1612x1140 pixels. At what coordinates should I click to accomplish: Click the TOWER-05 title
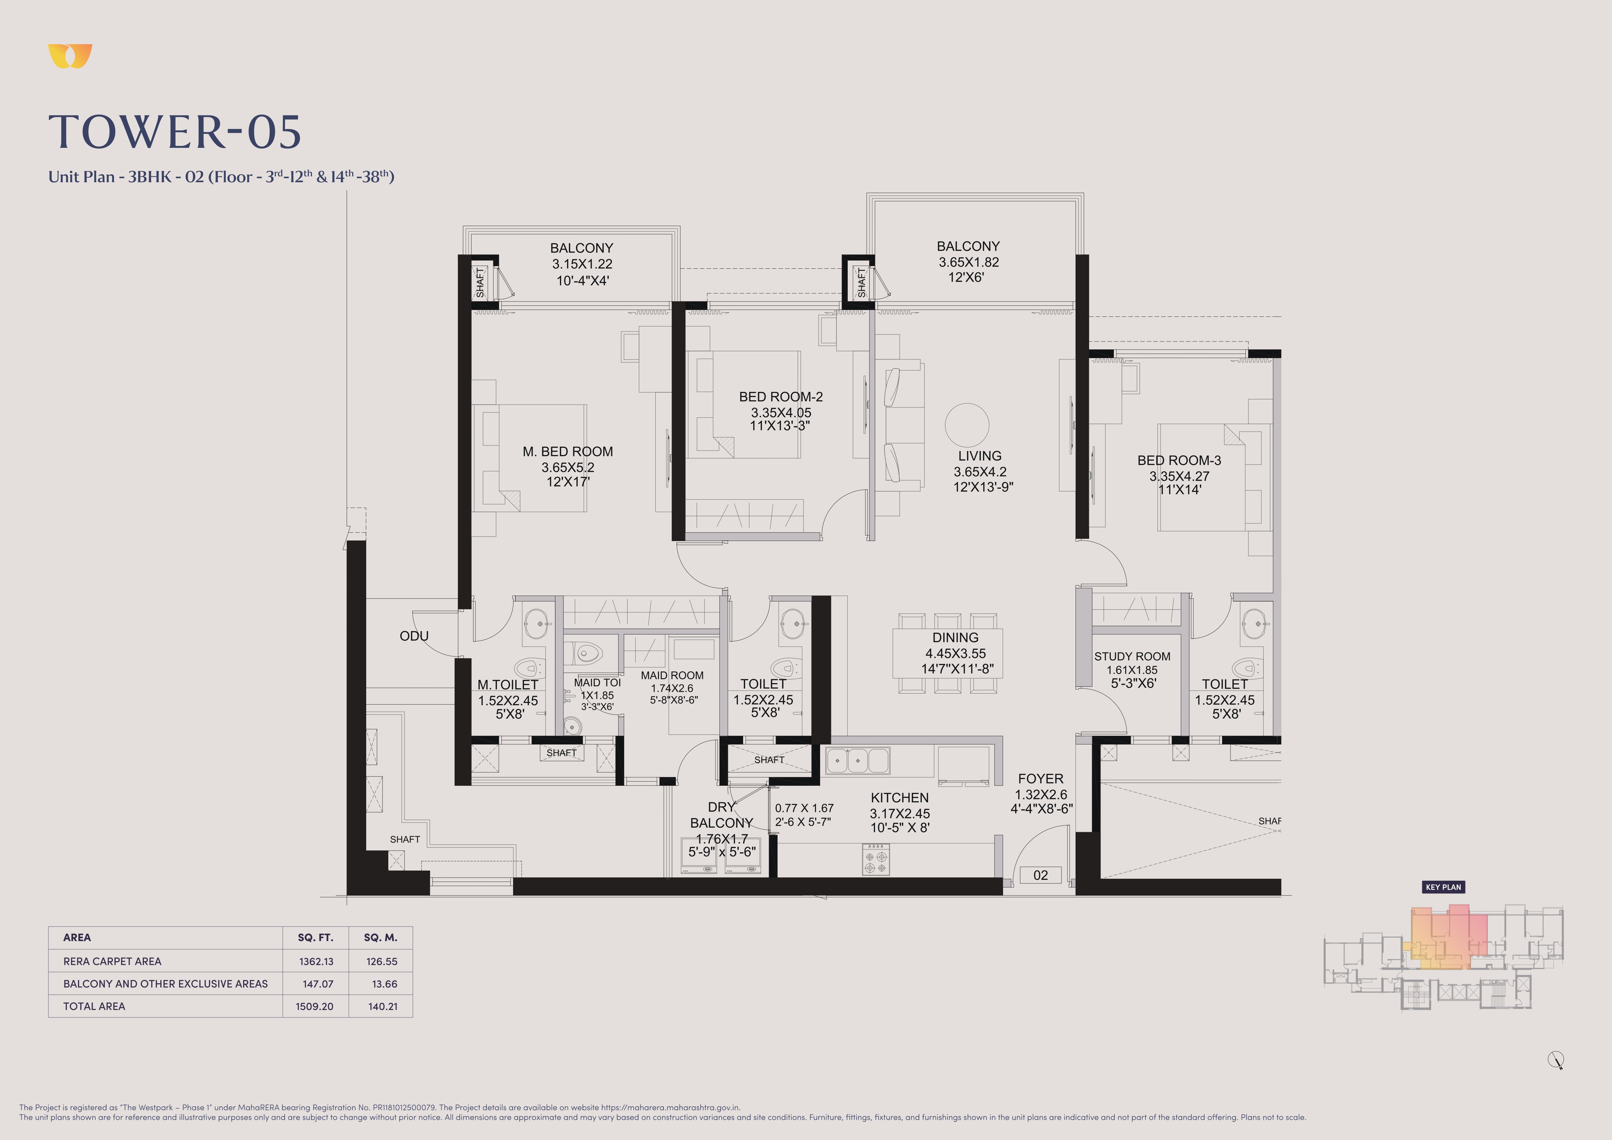[x=175, y=132]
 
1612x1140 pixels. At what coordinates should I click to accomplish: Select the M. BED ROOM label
[x=567, y=451]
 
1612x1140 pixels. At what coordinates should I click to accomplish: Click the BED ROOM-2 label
[x=781, y=396]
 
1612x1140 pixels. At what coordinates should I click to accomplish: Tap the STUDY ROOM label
[x=1132, y=656]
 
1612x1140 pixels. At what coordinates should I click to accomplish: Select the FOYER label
[x=1040, y=779]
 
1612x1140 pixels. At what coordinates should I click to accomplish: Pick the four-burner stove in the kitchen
[x=875, y=859]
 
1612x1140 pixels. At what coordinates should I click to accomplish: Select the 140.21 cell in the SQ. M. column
[x=383, y=1006]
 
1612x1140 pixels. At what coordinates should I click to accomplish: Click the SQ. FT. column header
[x=315, y=937]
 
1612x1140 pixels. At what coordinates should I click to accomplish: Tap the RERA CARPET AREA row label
[x=112, y=961]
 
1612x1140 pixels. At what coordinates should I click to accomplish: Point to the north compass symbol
[x=1556, y=1060]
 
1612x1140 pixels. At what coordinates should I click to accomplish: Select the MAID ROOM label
[x=672, y=675]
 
